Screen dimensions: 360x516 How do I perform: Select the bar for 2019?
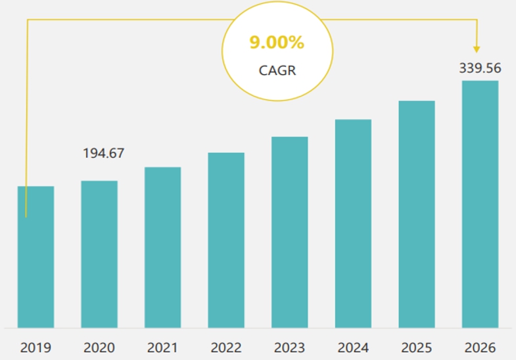[35, 257]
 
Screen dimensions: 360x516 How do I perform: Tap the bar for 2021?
[162, 247]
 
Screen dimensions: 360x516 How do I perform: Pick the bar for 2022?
[226, 240]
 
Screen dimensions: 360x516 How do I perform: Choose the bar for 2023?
[290, 232]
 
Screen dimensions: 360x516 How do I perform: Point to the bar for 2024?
[353, 223]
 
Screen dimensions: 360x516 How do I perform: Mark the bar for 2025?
[417, 214]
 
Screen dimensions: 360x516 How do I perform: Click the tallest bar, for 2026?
[480, 204]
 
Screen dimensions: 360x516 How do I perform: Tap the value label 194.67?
[103, 154]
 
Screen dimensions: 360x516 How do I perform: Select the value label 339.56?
[480, 68]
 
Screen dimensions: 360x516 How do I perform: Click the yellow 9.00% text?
[277, 43]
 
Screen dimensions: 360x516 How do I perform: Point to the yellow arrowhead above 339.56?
[477, 49]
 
